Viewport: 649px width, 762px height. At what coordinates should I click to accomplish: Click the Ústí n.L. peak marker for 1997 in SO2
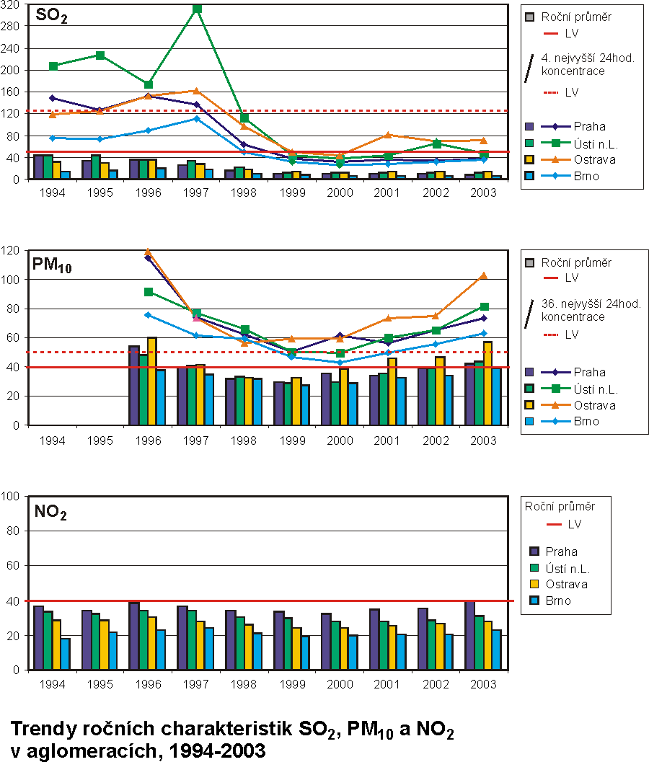pyautogui.click(x=197, y=9)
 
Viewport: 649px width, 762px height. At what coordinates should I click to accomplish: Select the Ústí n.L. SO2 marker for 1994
pyautogui.click(x=53, y=66)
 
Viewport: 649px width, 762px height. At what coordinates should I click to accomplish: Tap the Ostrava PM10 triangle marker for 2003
pyautogui.click(x=484, y=275)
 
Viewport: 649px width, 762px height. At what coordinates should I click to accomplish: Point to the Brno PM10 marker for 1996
pyautogui.click(x=149, y=314)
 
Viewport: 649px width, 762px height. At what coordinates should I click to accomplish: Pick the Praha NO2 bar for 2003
pyautogui.click(x=469, y=635)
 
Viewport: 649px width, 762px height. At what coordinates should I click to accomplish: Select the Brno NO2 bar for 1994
pyautogui.click(x=66, y=654)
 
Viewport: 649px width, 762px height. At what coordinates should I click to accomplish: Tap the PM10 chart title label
pyautogui.click(x=52, y=265)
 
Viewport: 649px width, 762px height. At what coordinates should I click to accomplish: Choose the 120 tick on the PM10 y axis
pyautogui.click(x=12, y=250)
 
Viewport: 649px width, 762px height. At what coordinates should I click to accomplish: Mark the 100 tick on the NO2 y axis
pyautogui.click(x=12, y=496)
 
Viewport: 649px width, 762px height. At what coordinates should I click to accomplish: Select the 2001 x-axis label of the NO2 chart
pyautogui.click(x=388, y=683)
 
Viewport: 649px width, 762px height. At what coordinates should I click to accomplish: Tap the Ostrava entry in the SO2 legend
pyautogui.click(x=591, y=159)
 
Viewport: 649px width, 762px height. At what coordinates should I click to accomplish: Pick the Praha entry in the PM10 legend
pyautogui.click(x=589, y=372)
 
